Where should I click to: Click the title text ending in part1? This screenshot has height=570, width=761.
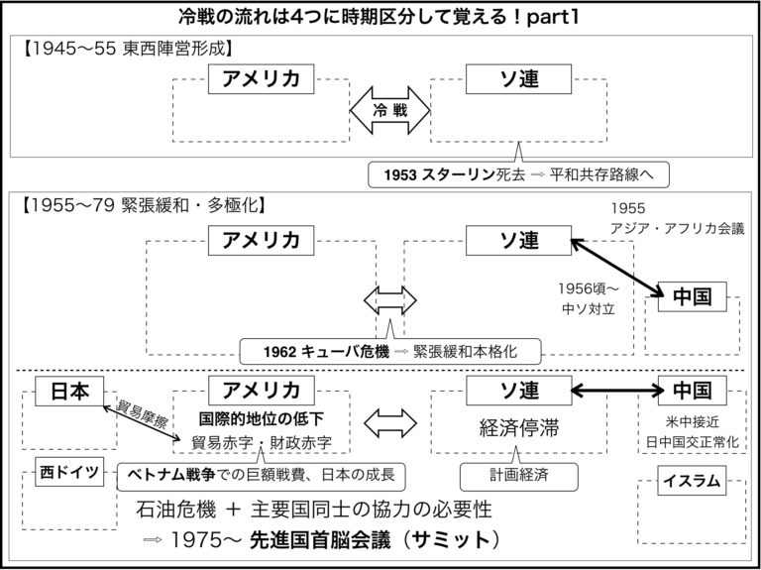pyautogui.click(x=380, y=17)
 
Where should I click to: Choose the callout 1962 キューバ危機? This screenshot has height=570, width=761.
pyautogui.click(x=390, y=350)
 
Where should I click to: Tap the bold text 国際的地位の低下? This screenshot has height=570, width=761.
pyautogui.click(x=262, y=417)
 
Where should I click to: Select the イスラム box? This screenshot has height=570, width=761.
pyautogui.click(x=690, y=482)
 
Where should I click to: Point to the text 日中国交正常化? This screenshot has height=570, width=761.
pyautogui.click(x=690, y=439)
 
